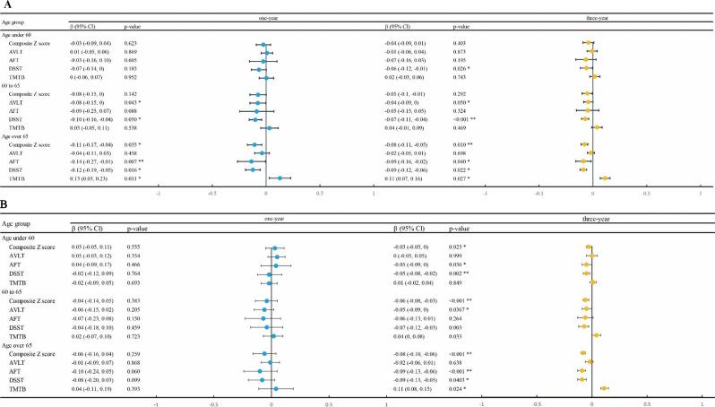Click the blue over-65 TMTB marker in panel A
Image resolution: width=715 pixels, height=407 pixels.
pyautogui.click(x=280, y=178)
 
